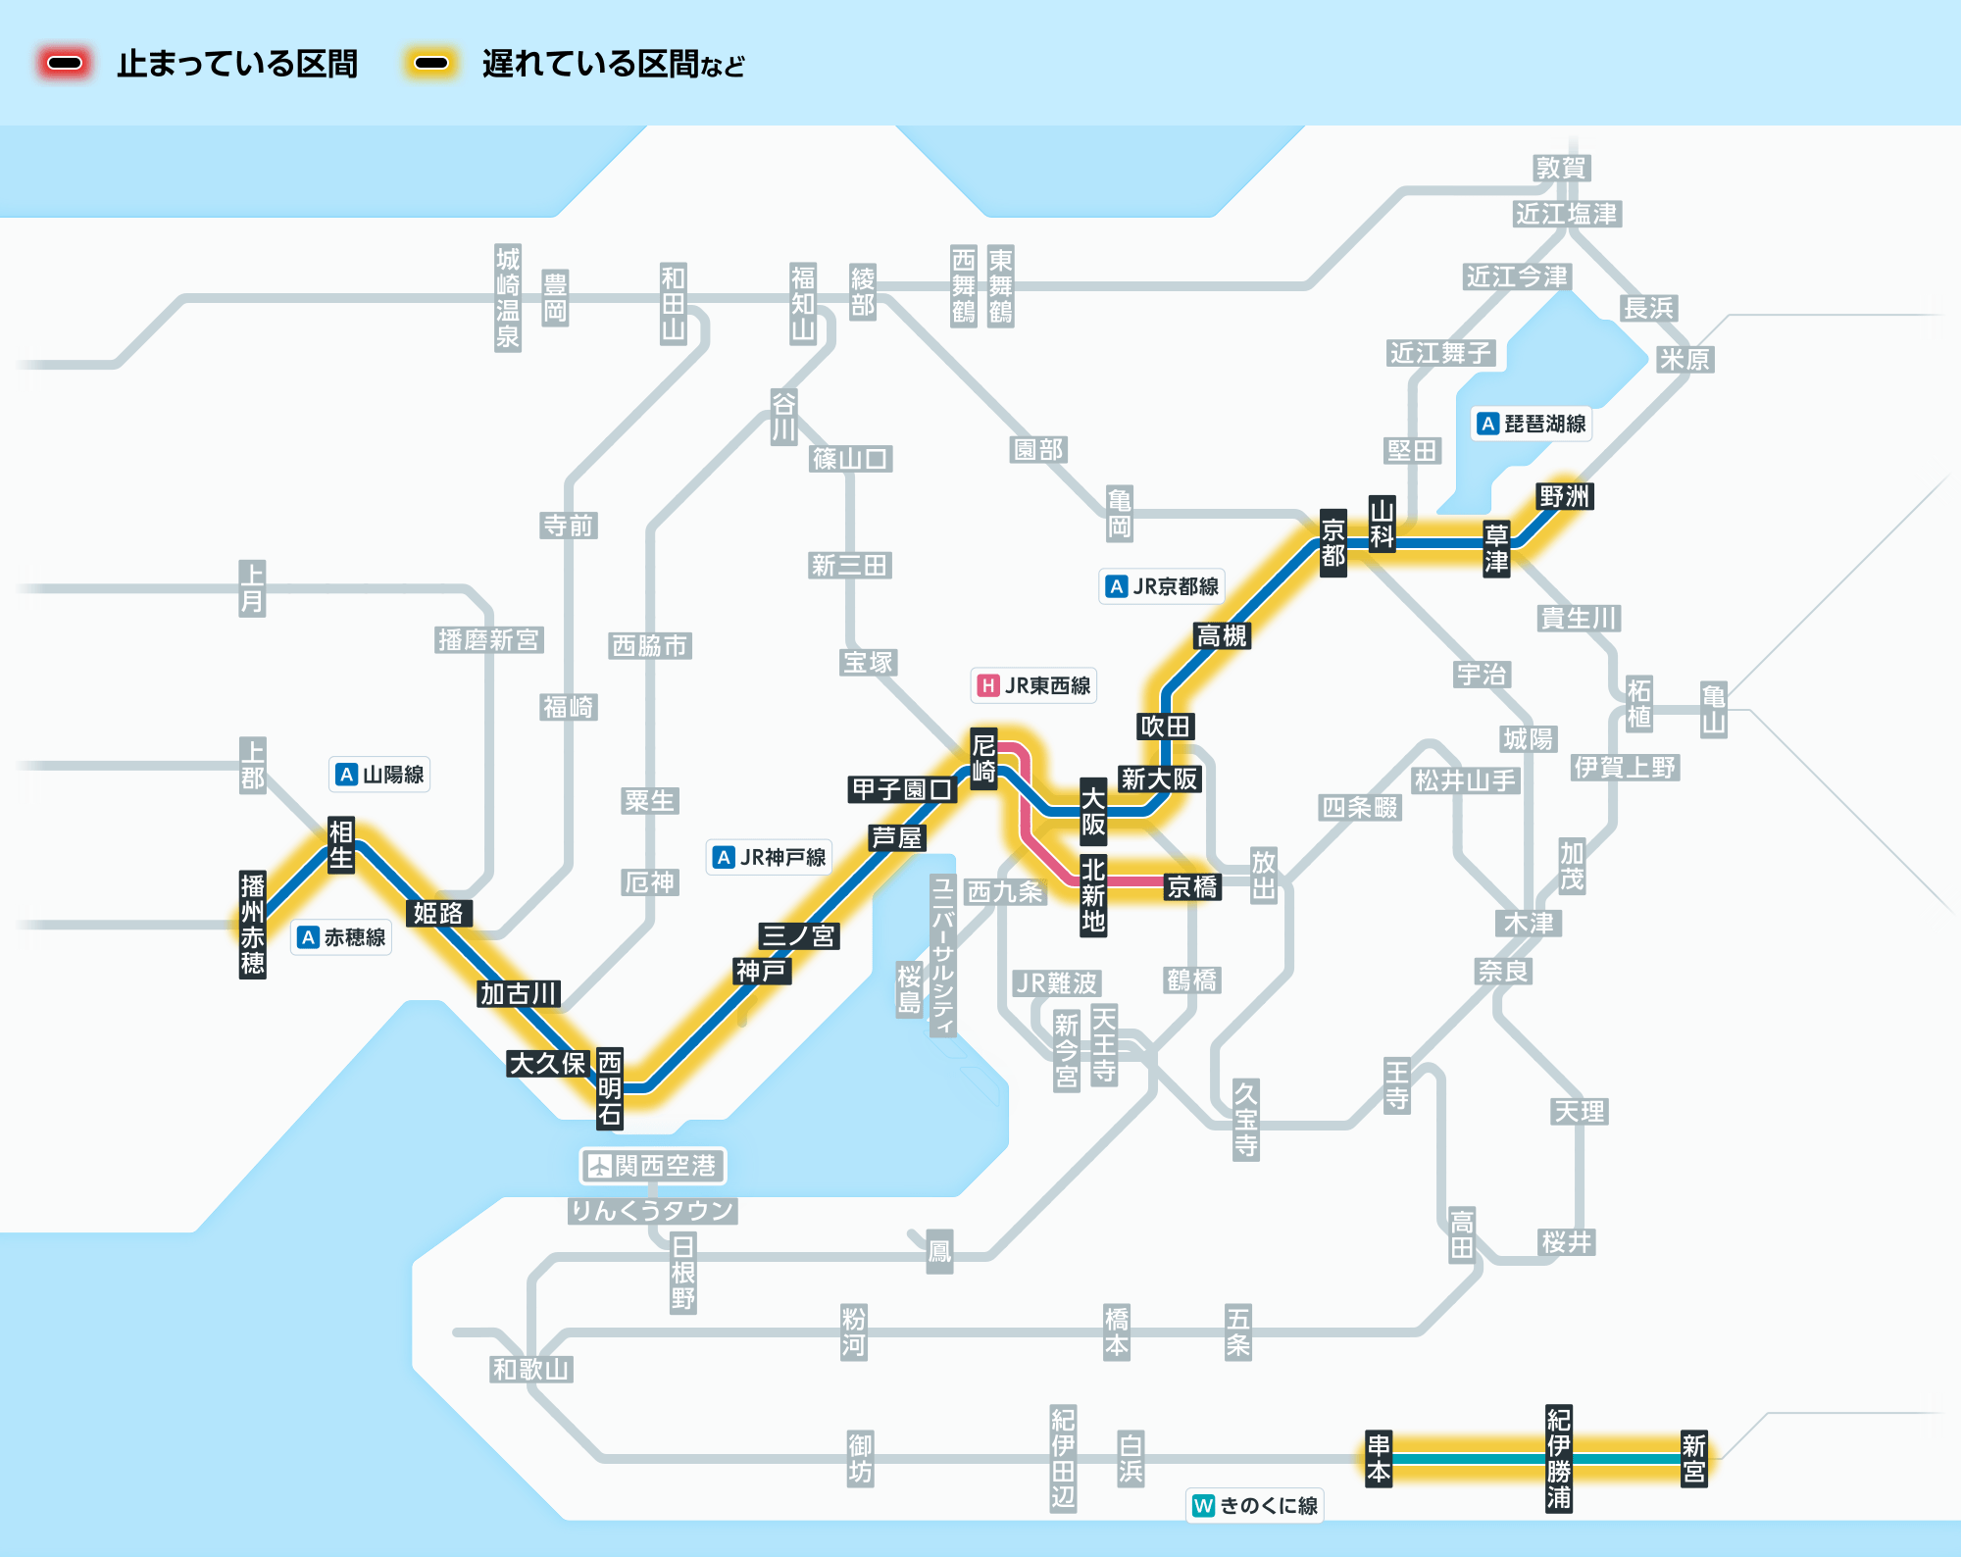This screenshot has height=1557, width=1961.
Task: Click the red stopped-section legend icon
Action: [65, 64]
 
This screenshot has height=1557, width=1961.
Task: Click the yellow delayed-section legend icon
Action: [431, 64]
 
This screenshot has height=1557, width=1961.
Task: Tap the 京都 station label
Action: [1332, 543]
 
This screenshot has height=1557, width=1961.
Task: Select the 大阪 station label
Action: [1093, 811]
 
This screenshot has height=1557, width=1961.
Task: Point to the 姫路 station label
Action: [437, 913]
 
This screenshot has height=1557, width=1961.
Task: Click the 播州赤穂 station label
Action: [253, 925]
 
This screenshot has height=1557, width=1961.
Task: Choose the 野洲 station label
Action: [1564, 496]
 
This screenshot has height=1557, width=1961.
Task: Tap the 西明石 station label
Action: [610, 1087]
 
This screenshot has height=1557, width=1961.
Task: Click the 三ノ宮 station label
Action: [798, 935]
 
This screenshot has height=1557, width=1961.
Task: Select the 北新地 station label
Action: [1093, 895]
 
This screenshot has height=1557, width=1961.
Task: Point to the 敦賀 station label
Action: [1561, 168]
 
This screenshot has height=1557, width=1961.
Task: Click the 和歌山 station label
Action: [530, 1369]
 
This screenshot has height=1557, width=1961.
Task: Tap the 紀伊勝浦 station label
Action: [1559, 1458]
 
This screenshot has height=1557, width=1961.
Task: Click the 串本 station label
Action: [1379, 1458]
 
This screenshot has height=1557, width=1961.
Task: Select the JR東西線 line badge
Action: [1033, 685]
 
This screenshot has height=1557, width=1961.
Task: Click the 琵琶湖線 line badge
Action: [1533, 424]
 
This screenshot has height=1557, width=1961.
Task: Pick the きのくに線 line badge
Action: [1255, 1505]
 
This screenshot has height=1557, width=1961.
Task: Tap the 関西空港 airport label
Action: [653, 1166]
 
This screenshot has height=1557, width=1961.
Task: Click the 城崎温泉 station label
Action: [508, 298]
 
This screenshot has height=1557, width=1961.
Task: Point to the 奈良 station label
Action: [1503, 971]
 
